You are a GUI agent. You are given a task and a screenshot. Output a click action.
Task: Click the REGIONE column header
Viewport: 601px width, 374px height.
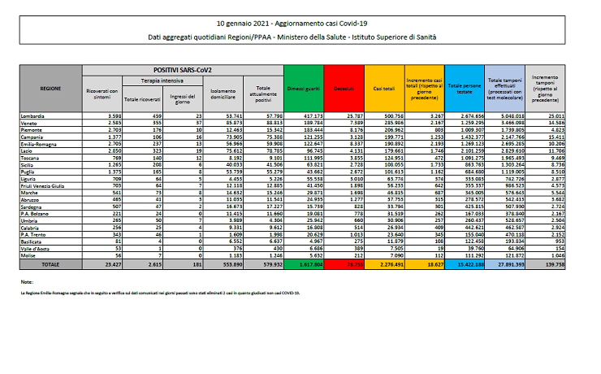(x=51, y=87)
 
